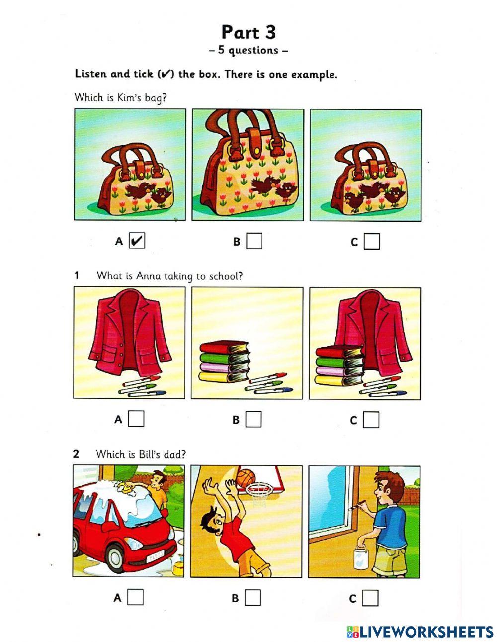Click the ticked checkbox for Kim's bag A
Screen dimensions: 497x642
[x=137, y=241]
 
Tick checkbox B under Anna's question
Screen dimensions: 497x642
[x=253, y=419]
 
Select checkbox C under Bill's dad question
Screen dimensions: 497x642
[x=370, y=598]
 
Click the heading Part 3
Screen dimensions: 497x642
[x=248, y=32]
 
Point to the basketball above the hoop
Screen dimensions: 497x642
[x=246, y=478]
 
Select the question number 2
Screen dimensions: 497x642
[x=76, y=454]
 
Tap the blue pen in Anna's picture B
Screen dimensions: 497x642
[x=273, y=391]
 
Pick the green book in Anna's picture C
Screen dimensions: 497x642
[x=339, y=362]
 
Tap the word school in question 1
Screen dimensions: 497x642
[x=226, y=276]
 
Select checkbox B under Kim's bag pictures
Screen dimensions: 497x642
[x=254, y=241]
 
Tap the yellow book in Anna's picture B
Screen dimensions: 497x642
[x=224, y=377]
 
